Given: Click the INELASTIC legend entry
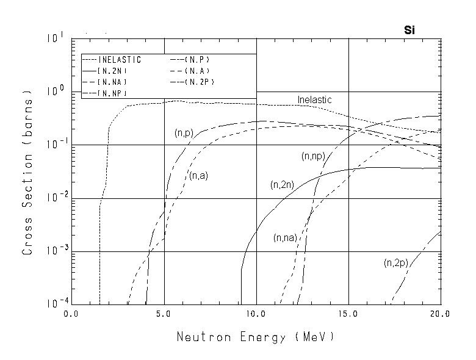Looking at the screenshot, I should click(120, 60).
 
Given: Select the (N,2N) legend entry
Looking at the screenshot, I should click(111, 71).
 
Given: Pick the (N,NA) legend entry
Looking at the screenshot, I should click(111, 81).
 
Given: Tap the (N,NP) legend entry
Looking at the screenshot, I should click(111, 92).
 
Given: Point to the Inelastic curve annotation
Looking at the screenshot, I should click(314, 99).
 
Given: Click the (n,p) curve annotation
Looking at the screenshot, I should click(183, 133).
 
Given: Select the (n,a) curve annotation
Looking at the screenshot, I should click(199, 176).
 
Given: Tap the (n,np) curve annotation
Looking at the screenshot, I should click(312, 156).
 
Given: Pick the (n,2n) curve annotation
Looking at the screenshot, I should click(283, 184).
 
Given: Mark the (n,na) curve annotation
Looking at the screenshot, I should click(285, 237).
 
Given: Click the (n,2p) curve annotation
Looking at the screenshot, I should click(395, 263).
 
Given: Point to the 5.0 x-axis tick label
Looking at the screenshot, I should click(164, 315).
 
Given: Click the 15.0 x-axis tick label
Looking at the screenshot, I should click(348, 315).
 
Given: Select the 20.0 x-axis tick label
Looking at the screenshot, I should click(439, 315).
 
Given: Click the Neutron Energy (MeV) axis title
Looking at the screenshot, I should click(256, 337).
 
